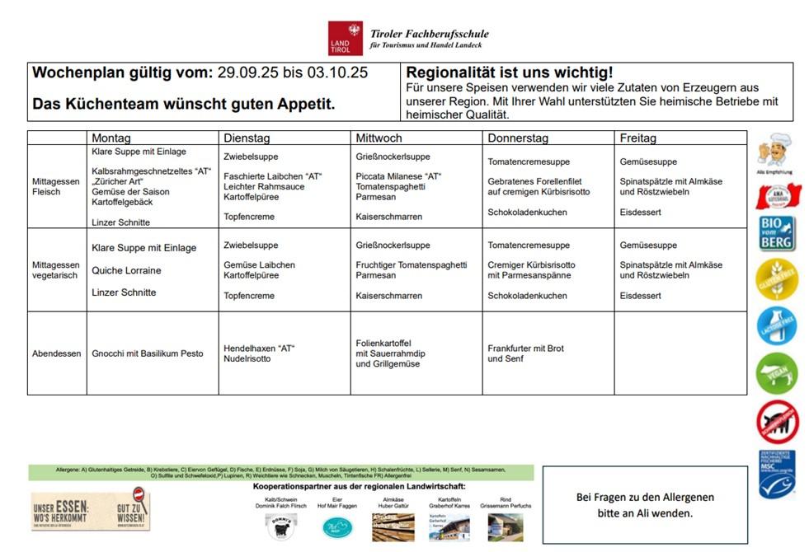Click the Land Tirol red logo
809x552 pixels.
click(x=345, y=38)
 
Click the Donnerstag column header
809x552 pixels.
click(x=518, y=138)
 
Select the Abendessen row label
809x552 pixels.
click(x=57, y=353)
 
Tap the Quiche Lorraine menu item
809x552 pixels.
click(x=126, y=270)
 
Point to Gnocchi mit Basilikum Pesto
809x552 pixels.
click(x=147, y=353)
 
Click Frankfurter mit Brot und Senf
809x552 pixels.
click(x=525, y=353)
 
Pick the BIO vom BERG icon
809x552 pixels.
click(x=777, y=234)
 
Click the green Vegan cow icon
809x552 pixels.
click(x=777, y=373)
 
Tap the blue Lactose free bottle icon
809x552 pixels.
click(x=777, y=326)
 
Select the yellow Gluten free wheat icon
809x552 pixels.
click(x=777, y=280)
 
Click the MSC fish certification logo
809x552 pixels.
click(x=777, y=474)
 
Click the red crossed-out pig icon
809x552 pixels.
click(x=777, y=422)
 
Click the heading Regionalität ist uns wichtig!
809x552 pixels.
click(x=510, y=73)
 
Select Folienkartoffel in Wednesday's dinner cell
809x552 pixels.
click(x=383, y=343)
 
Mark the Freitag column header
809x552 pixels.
click(x=638, y=138)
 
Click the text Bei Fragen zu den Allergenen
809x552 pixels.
click(x=645, y=498)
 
